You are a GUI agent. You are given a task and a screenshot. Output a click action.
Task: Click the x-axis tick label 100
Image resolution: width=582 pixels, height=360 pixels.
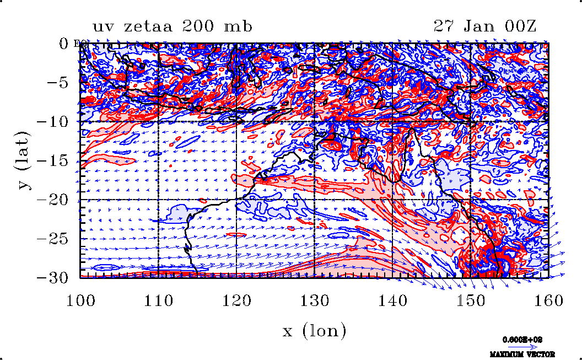80,300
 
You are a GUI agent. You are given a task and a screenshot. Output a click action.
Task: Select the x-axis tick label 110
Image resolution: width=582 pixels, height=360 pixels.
159,300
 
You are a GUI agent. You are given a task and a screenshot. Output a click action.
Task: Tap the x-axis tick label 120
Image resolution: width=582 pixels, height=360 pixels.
236,300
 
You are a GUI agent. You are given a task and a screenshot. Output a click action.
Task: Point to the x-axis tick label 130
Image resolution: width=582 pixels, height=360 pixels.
314,300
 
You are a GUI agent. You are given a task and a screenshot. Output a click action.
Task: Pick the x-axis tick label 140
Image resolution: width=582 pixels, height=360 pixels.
392,300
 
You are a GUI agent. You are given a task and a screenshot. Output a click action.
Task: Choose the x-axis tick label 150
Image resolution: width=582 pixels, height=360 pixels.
470,300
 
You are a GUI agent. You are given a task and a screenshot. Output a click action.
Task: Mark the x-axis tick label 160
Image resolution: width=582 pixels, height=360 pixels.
548,300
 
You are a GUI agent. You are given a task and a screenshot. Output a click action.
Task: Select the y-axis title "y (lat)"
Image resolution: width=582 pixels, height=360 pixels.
25,160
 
